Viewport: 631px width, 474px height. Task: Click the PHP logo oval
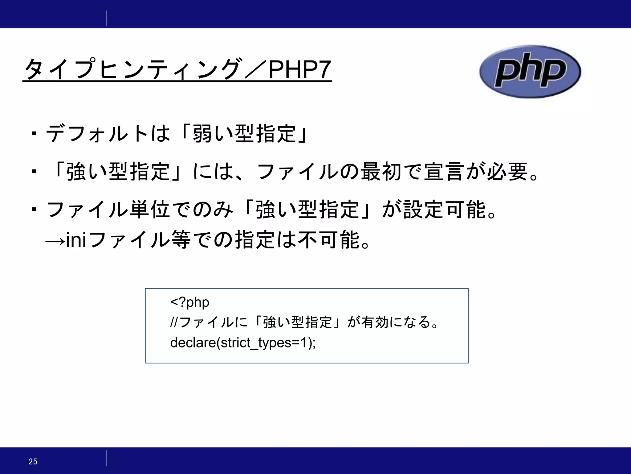[530, 72]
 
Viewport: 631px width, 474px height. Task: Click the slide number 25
[33, 461]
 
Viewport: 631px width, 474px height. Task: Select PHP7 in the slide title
[300, 70]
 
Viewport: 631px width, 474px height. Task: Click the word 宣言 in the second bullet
[444, 172]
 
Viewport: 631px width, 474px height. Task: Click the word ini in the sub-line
[76, 240]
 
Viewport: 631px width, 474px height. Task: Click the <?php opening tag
[190, 302]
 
